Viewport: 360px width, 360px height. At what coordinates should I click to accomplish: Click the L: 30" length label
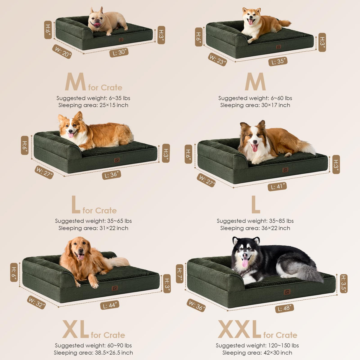click(119, 52)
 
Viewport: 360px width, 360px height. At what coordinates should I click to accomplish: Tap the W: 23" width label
click(217, 60)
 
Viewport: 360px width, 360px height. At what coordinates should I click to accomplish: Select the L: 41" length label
click(277, 186)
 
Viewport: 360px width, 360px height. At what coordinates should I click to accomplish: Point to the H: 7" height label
click(179, 274)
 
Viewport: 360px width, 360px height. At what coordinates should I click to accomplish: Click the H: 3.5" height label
click(344, 283)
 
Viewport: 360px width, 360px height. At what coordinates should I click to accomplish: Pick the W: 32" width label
click(36, 302)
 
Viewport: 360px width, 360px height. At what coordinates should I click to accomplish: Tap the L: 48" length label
click(284, 308)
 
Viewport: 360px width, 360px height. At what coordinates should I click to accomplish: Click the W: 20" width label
click(62, 52)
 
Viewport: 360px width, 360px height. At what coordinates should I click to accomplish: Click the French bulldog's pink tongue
click(97, 25)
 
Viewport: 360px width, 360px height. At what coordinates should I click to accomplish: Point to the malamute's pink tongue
click(245, 263)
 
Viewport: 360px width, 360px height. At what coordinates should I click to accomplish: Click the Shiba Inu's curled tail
click(284, 24)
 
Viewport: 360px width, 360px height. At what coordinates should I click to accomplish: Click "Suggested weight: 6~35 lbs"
click(93, 98)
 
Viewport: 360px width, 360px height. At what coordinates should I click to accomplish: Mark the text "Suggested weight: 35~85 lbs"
click(255, 221)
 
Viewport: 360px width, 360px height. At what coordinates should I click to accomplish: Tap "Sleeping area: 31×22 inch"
click(93, 228)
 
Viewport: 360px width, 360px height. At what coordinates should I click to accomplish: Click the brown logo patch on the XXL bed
click(287, 292)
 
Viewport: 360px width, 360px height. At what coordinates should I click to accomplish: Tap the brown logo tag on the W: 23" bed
click(278, 47)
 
